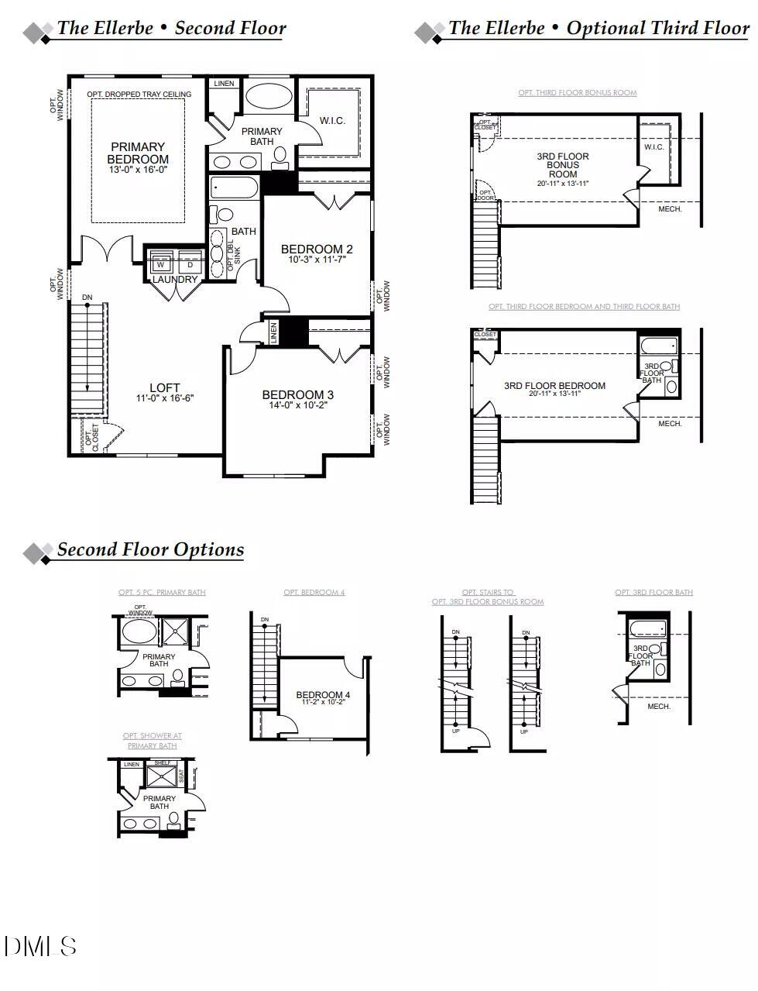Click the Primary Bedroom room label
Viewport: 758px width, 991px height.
click(138, 153)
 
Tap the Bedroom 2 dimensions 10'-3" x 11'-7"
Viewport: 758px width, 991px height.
click(316, 260)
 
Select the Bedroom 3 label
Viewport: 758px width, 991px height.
click(298, 394)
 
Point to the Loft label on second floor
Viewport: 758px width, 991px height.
click(164, 387)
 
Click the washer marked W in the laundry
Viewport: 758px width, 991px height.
click(161, 264)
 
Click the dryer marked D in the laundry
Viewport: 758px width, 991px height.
click(190, 264)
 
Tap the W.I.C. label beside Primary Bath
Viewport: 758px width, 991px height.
click(332, 121)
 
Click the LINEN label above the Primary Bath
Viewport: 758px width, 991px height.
click(224, 84)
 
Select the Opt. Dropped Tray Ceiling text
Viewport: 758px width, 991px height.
click(139, 95)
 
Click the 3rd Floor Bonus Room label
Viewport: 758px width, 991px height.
click(563, 165)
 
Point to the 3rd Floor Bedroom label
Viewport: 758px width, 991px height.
click(554, 385)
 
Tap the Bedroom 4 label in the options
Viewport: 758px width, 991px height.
click(323, 694)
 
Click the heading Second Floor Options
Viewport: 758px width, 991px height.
click(150, 549)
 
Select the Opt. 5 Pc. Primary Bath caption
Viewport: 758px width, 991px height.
click(162, 593)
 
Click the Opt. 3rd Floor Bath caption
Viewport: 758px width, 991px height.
click(653, 593)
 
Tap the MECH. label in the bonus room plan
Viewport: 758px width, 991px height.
click(670, 209)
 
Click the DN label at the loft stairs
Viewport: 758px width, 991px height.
click(87, 298)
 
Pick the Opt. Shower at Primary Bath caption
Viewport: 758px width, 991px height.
click(152, 741)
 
